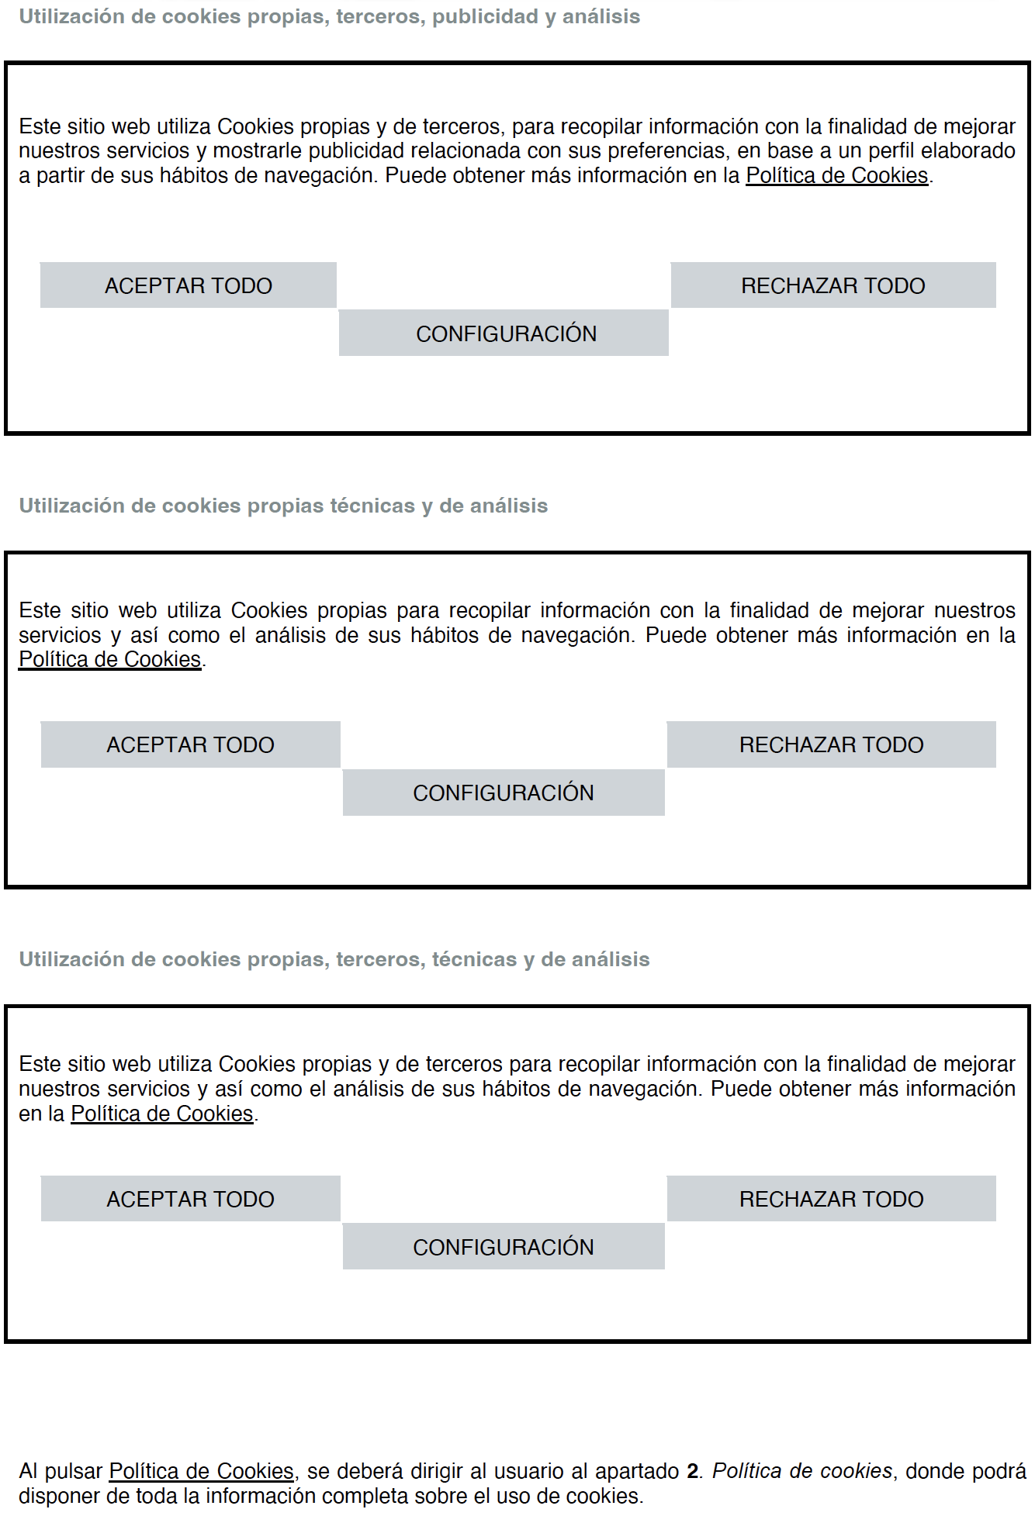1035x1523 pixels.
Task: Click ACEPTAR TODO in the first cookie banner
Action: [189, 285]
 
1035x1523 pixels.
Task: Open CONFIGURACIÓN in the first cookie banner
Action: [504, 333]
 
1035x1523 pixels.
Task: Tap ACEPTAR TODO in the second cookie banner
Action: [191, 744]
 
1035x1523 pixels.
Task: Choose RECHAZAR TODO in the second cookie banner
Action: [831, 744]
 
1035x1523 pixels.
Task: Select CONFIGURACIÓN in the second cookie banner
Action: [504, 793]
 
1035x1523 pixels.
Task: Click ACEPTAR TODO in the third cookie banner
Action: [191, 1199]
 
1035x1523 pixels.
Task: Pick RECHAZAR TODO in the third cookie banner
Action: [831, 1199]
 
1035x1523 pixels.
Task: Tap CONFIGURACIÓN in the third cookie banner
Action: [504, 1247]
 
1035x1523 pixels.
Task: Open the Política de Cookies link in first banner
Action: [836, 175]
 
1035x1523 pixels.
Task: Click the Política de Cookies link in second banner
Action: [110, 659]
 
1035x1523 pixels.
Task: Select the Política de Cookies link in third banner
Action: [162, 1114]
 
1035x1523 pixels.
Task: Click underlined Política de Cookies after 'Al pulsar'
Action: [201, 1471]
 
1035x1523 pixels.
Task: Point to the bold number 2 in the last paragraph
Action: [692, 1471]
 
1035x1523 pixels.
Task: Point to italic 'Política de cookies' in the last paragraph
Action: [802, 1471]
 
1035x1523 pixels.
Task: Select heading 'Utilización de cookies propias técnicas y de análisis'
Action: [283, 506]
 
